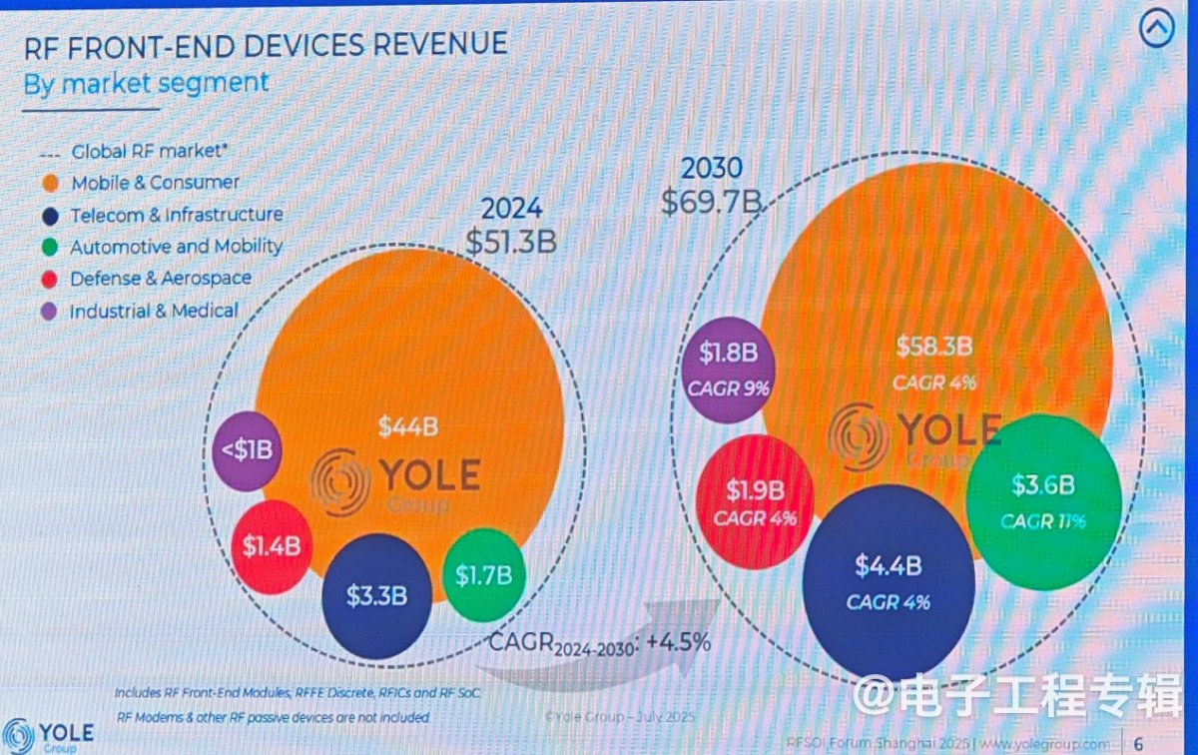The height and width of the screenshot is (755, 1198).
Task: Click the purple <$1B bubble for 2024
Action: click(x=247, y=450)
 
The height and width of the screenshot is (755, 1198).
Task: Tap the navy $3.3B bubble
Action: click(x=376, y=596)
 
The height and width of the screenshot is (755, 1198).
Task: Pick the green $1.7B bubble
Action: click(x=483, y=574)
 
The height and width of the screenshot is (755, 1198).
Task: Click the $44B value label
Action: click(x=407, y=426)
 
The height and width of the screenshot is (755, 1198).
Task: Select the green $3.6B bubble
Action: click(x=1043, y=500)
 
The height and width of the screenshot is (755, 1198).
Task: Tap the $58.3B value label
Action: click(x=933, y=348)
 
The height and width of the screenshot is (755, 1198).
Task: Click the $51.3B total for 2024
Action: click(x=511, y=241)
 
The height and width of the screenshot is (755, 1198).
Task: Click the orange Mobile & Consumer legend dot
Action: click(x=49, y=183)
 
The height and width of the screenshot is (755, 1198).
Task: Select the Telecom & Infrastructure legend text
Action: click(x=176, y=215)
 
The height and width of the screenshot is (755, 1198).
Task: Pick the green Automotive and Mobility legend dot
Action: click(x=49, y=247)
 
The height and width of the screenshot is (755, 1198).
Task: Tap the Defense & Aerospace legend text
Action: click(x=160, y=279)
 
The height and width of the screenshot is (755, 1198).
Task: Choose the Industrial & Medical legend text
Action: click(x=154, y=311)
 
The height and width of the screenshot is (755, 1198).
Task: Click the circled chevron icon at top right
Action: click(x=1158, y=30)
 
